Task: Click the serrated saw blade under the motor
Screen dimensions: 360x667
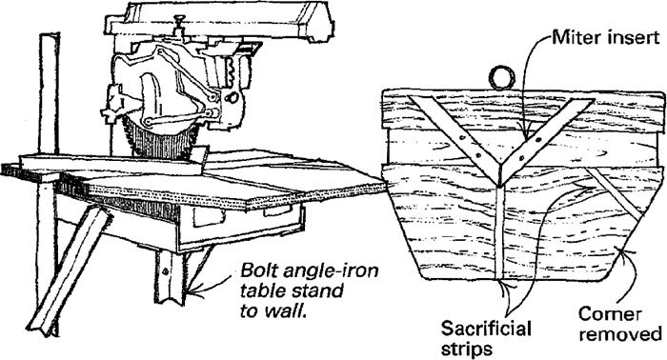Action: point(156,142)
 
